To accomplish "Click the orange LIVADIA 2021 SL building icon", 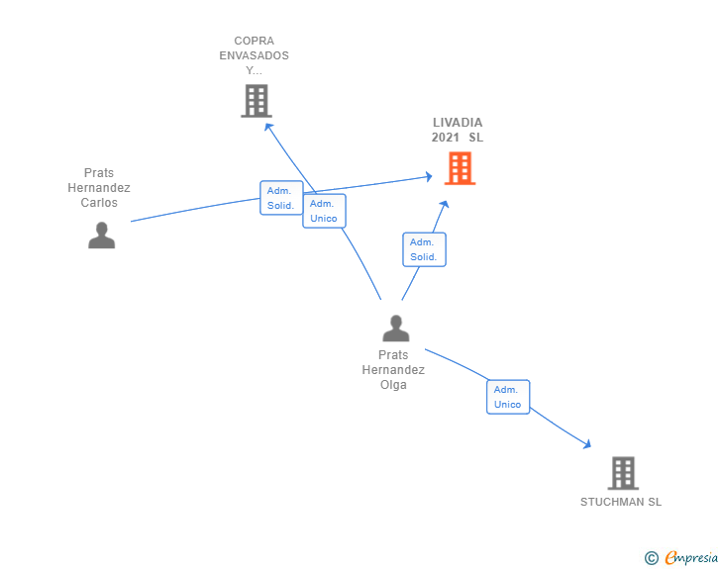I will [x=459, y=168].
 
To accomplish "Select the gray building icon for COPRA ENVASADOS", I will [x=256, y=101].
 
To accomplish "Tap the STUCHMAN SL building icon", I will [x=622, y=473].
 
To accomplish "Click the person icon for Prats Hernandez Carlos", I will [x=101, y=235].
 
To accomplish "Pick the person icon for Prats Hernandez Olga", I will [x=395, y=328].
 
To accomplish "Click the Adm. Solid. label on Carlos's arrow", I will [x=281, y=198].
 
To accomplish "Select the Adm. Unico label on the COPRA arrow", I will [x=324, y=211].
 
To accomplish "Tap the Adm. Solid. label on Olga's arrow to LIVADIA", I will [x=424, y=249].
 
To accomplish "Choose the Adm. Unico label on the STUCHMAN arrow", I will [x=508, y=397].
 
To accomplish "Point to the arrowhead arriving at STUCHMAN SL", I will [x=587, y=445].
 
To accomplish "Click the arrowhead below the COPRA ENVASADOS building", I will [x=267, y=124].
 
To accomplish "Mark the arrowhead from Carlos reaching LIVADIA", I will [x=428, y=176].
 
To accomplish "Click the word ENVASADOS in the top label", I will [x=255, y=55].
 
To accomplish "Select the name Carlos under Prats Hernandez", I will [x=99, y=203].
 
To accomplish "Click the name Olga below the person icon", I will [x=393, y=385].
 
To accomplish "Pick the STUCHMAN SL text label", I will [x=621, y=502].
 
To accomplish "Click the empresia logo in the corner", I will [x=691, y=558].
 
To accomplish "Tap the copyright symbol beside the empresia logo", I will [x=652, y=559].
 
